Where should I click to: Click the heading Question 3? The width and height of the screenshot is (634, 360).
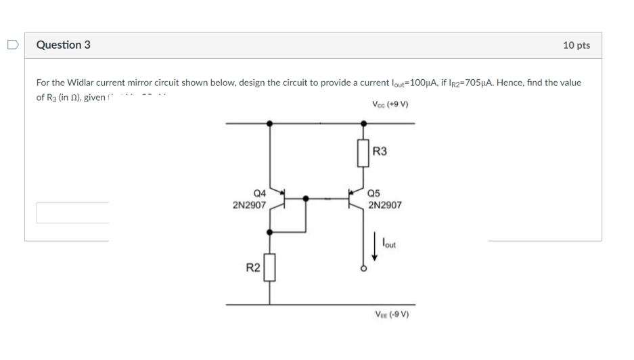pyautogui.click(x=63, y=45)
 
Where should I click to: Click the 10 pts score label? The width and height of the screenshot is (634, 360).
pyautogui.click(x=576, y=45)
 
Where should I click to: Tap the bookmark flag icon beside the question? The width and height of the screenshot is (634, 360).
pyautogui.click(x=12, y=45)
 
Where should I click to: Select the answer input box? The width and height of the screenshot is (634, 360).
pyautogui.click(x=72, y=212)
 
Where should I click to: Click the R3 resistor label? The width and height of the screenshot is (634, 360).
pyautogui.click(x=380, y=152)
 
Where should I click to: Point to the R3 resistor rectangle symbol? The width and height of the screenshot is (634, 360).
pyautogui.click(x=364, y=153)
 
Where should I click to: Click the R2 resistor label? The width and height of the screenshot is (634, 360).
pyautogui.click(x=252, y=268)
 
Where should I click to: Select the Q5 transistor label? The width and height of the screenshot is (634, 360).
pyautogui.click(x=376, y=193)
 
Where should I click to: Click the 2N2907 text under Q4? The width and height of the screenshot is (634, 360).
pyautogui.click(x=248, y=204)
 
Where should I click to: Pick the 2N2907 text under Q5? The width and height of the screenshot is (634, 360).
pyautogui.click(x=384, y=204)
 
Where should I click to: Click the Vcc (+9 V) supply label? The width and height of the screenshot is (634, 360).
pyautogui.click(x=390, y=104)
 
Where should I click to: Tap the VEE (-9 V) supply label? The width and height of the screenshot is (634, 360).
pyautogui.click(x=392, y=315)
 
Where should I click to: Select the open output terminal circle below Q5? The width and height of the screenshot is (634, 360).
pyautogui.click(x=364, y=269)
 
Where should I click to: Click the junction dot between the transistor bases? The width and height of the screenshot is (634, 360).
pyautogui.click(x=307, y=199)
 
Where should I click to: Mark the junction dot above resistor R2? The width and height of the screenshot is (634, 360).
pyautogui.click(x=270, y=231)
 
